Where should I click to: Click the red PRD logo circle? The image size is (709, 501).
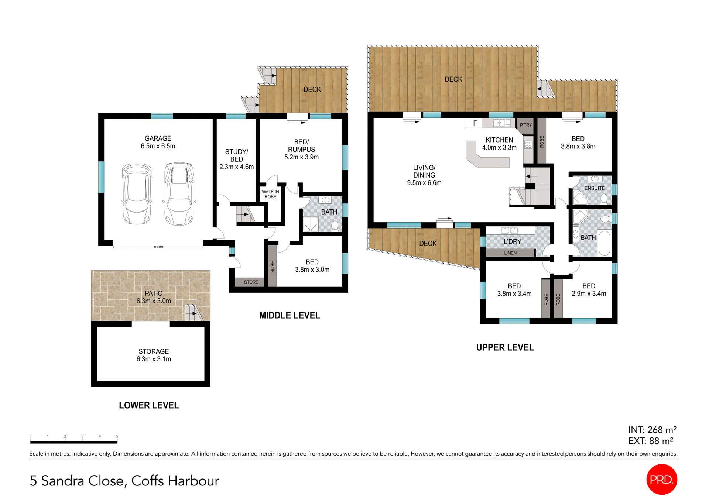click(x=662, y=479)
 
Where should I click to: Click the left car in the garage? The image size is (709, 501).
click(x=137, y=194)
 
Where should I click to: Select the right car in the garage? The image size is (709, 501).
click(x=179, y=194)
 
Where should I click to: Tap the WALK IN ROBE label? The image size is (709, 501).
click(x=270, y=194)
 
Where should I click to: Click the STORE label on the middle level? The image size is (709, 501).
click(x=251, y=282)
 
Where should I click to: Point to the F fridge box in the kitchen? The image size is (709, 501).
click(x=475, y=123)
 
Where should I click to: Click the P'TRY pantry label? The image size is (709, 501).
click(x=526, y=125)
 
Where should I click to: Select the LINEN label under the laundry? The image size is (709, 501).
click(x=510, y=253)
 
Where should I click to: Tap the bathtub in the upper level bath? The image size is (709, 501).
click(x=604, y=243)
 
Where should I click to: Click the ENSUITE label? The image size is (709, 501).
click(x=595, y=188)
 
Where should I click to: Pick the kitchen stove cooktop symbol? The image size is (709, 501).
click(x=528, y=145)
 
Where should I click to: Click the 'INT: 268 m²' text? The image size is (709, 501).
click(x=652, y=430)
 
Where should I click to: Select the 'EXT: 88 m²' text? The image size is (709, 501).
click(x=651, y=441)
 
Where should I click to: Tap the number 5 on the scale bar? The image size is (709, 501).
click(x=117, y=436)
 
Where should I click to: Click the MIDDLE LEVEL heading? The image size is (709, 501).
click(x=290, y=315)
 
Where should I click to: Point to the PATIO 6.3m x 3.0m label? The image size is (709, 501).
click(x=154, y=297)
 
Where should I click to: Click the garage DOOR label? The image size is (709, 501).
click(x=158, y=247)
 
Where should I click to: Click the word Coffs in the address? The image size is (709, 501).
click(x=147, y=481)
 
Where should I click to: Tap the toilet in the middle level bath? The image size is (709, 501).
click(x=335, y=225)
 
